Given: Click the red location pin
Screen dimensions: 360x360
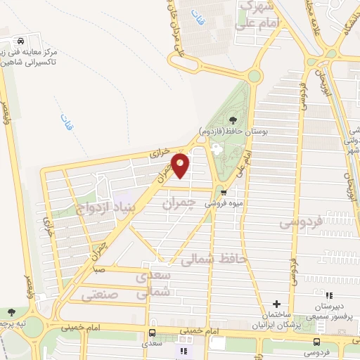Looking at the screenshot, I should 181,165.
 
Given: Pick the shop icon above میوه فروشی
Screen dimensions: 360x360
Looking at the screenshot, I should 224,191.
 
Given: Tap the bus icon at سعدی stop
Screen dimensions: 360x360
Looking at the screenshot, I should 152,333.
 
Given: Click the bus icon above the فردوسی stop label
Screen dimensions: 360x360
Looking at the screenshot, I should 315,342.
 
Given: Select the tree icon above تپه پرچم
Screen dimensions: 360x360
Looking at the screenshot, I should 12,312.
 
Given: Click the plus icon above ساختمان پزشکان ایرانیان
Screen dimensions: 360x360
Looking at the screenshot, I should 286,303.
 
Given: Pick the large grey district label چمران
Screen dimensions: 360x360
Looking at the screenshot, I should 176,205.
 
